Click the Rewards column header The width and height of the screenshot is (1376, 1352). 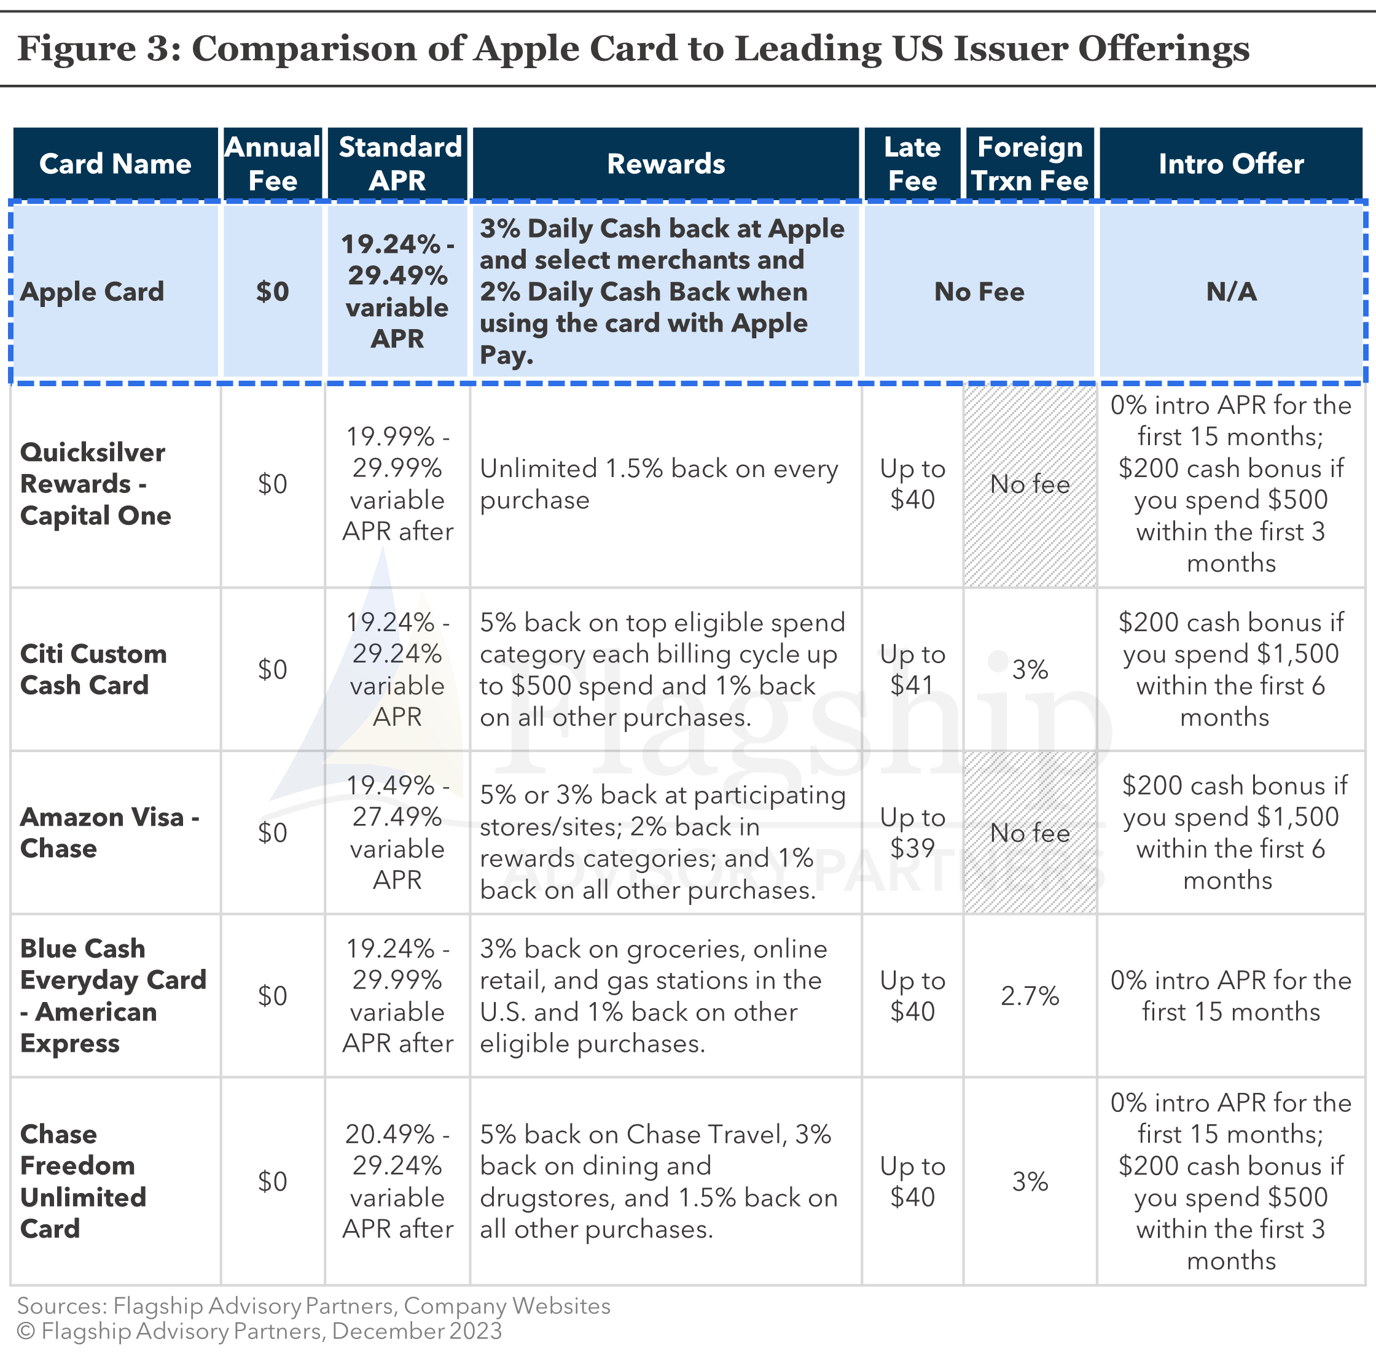click(666, 163)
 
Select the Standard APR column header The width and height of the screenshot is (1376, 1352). click(397, 163)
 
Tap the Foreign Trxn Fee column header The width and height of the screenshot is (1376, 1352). click(1030, 163)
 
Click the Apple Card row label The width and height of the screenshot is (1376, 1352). click(92, 292)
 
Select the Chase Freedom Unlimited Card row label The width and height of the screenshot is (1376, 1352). click(83, 1181)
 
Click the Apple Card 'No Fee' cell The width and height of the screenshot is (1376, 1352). click(979, 292)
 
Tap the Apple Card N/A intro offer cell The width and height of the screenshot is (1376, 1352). click(1231, 292)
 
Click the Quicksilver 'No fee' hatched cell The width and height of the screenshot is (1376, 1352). click(1030, 484)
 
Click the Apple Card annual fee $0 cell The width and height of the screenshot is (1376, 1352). click(273, 292)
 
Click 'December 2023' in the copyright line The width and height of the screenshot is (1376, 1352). click(417, 1331)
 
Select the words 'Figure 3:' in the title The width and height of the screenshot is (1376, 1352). click(99, 49)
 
